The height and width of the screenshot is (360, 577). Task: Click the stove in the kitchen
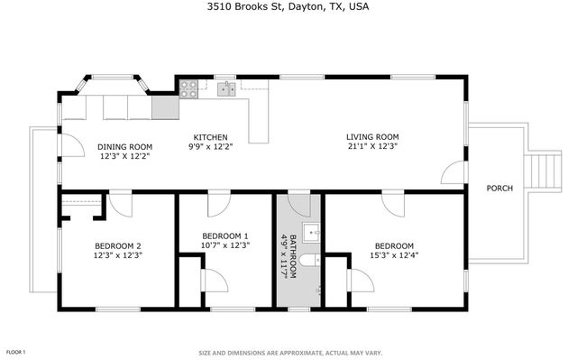[x=189, y=88]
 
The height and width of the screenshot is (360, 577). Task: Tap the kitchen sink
[x=225, y=88]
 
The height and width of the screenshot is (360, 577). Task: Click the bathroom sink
[x=312, y=233]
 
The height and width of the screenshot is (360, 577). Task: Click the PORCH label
[x=499, y=189]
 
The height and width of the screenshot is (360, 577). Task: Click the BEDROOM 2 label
[x=117, y=246]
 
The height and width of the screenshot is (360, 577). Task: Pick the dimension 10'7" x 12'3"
[x=226, y=245]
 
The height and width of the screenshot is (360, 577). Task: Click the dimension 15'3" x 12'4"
[x=394, y=255]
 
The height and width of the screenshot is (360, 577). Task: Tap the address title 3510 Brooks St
[x=288, y=7]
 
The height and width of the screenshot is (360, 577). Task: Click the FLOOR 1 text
[x=16, y=351]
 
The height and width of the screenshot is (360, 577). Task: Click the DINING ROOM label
[x=124, y=146]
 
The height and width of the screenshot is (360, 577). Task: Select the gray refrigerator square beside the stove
[x=165, y=108]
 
